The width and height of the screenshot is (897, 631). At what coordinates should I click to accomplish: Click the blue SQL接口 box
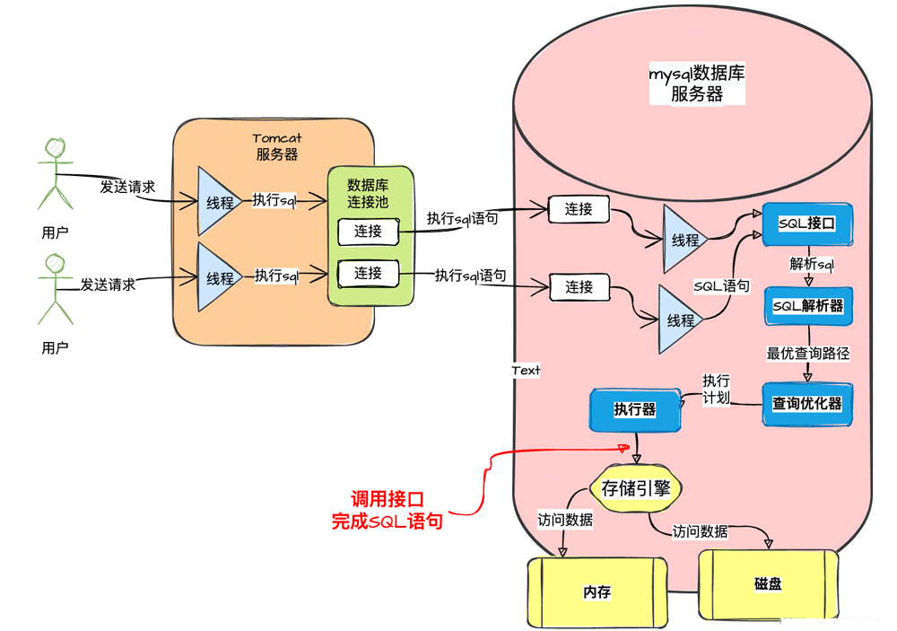point(806,224)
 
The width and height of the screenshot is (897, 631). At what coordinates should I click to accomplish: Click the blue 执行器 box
point(634,409)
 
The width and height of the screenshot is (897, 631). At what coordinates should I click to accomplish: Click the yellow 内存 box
point(597,592)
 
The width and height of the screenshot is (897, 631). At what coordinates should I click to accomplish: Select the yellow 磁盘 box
point(768,583)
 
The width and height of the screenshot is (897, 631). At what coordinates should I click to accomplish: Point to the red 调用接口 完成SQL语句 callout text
point(387,510)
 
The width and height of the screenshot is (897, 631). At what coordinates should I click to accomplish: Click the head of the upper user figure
point(57,146)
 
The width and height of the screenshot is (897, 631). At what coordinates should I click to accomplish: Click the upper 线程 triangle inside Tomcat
point(216,202)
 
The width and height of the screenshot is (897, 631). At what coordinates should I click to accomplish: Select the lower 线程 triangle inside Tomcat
point(216,277)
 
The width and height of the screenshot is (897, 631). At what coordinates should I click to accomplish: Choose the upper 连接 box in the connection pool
point(368,232)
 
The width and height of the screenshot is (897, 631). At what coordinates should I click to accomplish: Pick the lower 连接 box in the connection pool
point(367,273)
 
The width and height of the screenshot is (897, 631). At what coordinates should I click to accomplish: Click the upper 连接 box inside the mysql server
point(579,209)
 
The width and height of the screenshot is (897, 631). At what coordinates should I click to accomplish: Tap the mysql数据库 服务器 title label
point(697,83)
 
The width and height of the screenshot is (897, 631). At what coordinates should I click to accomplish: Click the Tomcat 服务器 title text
point(276,146)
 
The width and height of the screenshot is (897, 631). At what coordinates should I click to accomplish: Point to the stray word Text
point(526,370)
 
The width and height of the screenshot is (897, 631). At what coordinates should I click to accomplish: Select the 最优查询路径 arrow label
point(807,354)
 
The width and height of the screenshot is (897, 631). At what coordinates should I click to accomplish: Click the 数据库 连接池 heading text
point(368,193)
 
